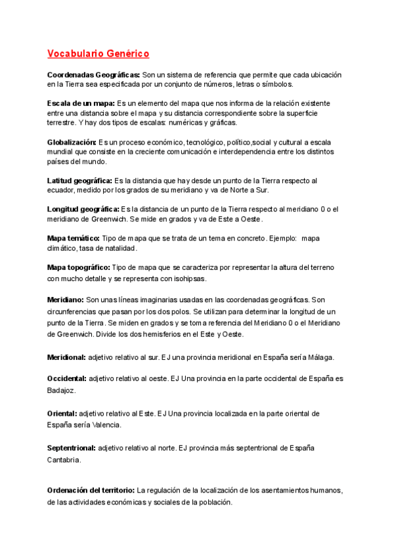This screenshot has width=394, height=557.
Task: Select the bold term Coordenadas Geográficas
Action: [94, 75]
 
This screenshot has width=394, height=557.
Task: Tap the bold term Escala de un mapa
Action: [81, 104]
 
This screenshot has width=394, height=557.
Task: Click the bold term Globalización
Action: [72, 142]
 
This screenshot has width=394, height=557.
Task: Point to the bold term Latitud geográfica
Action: [80, 180]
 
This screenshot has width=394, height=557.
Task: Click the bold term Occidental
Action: [67, 378]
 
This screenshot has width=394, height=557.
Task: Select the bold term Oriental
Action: [62, 413]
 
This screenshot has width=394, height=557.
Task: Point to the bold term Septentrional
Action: [72, 448]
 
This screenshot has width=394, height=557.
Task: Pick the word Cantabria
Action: [64, 460]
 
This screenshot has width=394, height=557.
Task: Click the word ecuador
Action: [63, 190]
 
